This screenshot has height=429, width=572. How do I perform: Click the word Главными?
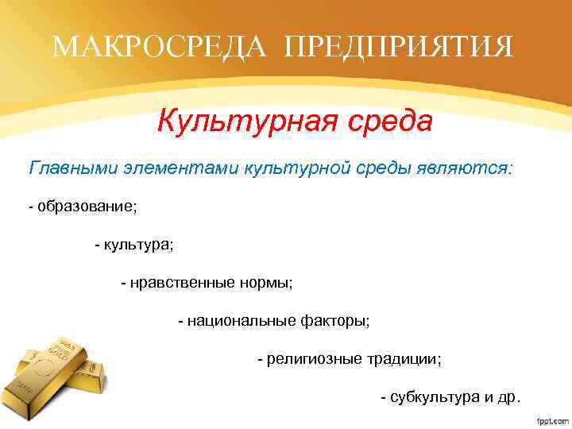click(75, 169)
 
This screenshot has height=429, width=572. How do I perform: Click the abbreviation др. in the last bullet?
click(508, 397)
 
